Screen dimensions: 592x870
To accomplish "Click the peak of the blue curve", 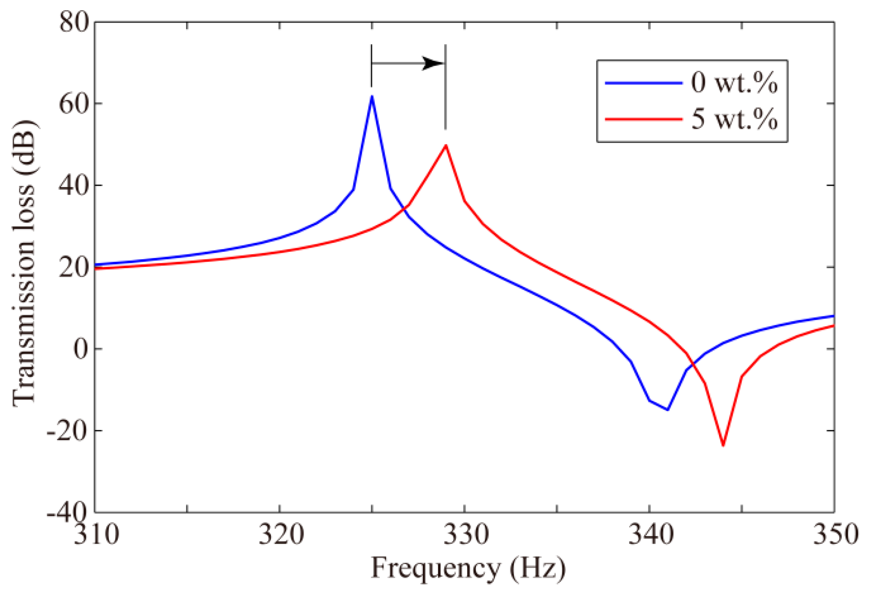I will [x=372, y=96].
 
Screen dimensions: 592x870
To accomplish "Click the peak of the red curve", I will [x=445, y=146].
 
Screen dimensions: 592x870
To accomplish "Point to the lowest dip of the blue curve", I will [x=667, y=409].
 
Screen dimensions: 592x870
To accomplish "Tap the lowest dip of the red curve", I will [x=723, y=445].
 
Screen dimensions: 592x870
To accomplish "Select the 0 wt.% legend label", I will [x=734, y=83].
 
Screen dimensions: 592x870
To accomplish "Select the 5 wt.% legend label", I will [x=734, y=119].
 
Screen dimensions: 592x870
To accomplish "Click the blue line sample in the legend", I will [x=643, y=83].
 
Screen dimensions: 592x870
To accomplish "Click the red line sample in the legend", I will [x=643, y=119].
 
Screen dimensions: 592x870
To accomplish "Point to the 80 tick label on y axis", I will [x=74, y=22].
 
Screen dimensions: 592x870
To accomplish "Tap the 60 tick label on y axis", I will [x=74, y=104].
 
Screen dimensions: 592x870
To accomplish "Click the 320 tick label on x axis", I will [x=281, y=534].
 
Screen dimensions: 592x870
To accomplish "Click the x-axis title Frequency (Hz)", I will [x=468, y=568].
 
